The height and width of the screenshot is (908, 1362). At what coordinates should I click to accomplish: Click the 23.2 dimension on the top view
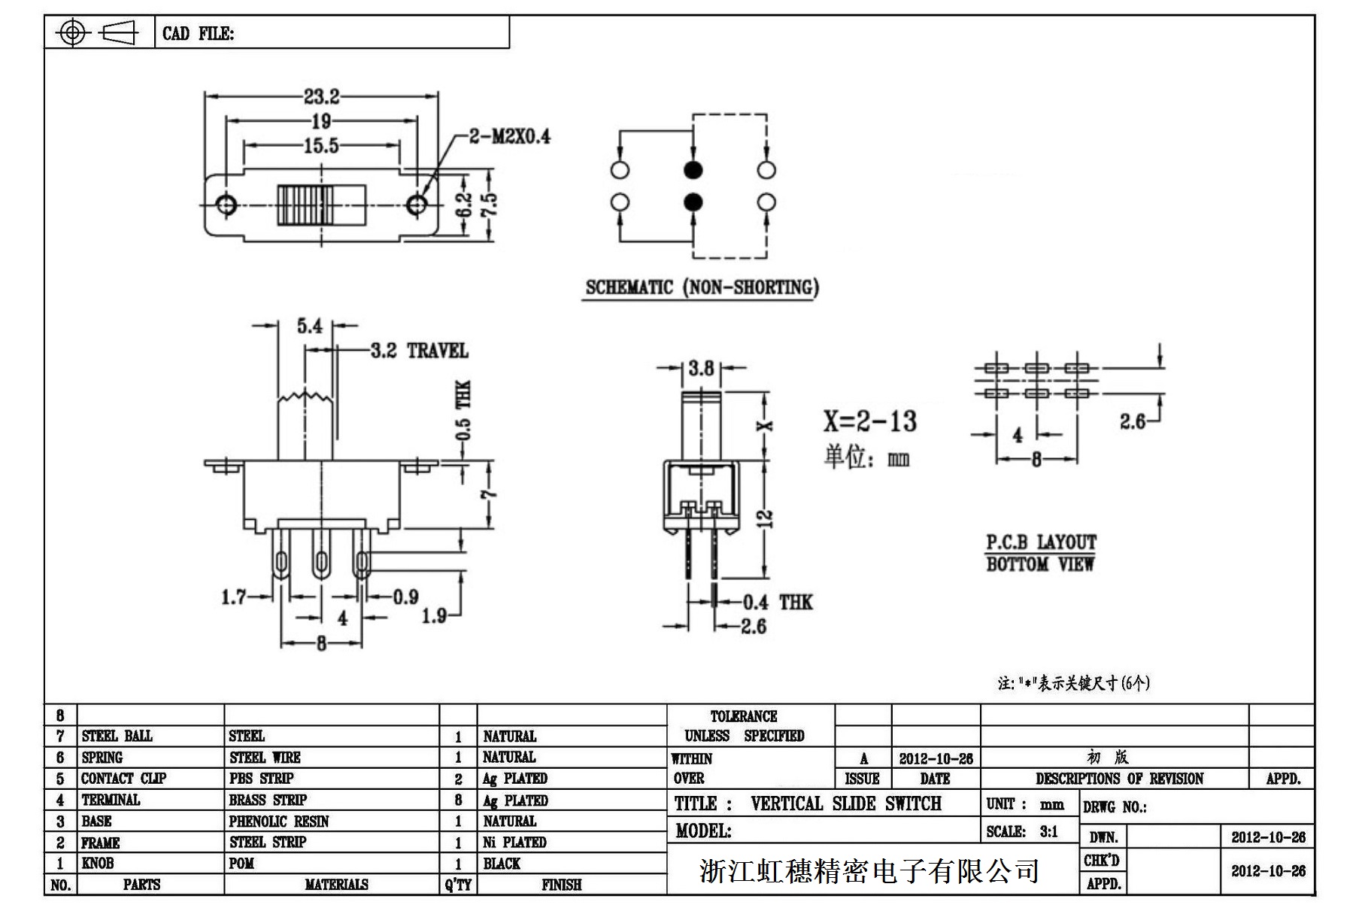click(321, 96)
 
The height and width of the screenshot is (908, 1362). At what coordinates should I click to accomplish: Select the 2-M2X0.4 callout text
click(509, 136)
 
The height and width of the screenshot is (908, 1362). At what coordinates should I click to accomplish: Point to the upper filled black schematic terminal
click(693, 169)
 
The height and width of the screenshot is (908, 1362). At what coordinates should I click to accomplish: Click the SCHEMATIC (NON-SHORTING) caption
click(702, 287)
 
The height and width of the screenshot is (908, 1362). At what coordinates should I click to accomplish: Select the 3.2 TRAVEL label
click(419, 351)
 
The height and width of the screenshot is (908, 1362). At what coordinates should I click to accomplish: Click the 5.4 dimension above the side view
click(309, 326)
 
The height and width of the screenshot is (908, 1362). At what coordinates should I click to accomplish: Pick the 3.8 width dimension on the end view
click(701, 368)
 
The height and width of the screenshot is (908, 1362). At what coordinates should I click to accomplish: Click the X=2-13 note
click(869, 421)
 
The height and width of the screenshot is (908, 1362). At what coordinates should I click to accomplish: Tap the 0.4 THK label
click(778, 602)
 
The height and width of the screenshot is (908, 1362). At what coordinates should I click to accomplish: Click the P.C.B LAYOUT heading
click(1041, 542)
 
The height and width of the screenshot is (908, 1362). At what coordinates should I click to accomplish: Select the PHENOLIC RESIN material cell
click(279, 821)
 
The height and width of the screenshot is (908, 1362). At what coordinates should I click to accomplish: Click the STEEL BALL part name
click(117, 736)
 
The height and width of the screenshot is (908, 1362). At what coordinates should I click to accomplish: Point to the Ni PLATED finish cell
click(514, 843)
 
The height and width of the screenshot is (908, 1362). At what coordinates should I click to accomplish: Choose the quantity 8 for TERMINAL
click(458, 800)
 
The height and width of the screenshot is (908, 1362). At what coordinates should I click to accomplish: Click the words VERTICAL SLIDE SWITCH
click(845, 803)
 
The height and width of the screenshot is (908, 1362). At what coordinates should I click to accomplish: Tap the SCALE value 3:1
click(1048, 831)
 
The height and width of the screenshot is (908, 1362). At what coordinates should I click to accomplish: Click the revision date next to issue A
click(936, 758)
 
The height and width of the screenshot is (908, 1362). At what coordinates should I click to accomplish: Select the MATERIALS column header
click(336, 885)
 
